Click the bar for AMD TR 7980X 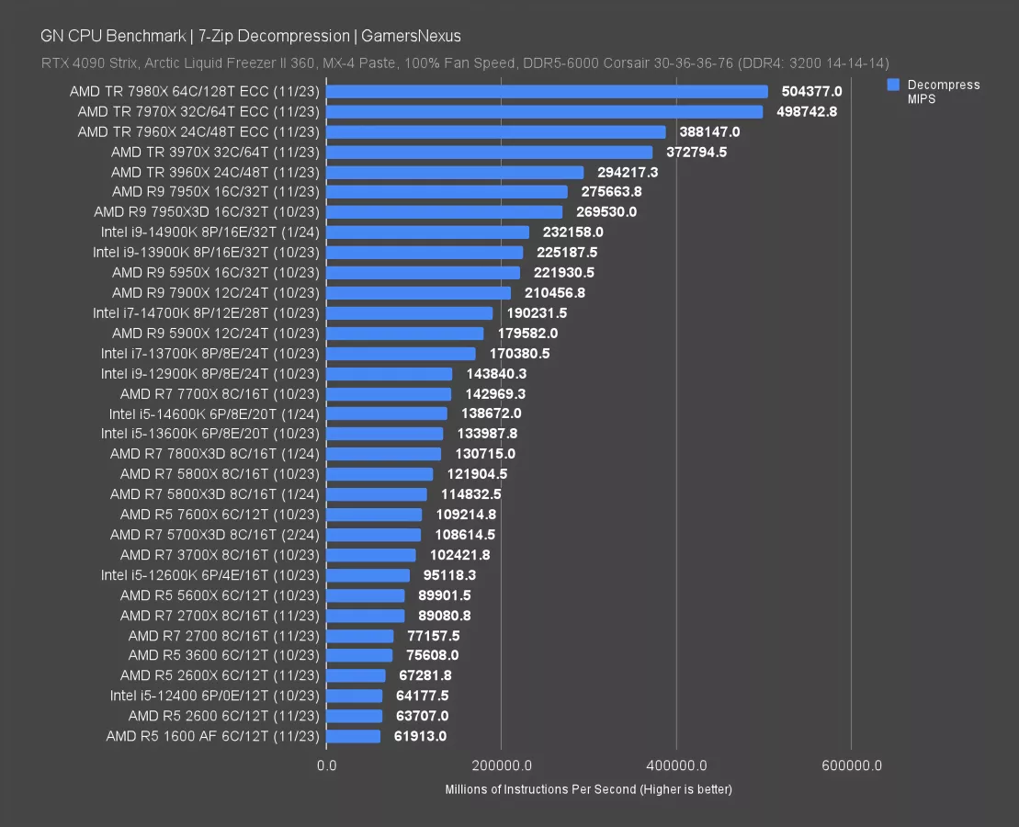coord(547,92)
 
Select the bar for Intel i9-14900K coord(427,232)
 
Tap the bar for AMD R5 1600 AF coord(353,736)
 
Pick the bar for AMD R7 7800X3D coord(383,454)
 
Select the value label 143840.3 coord(493,374)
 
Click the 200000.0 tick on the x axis coord(501,765)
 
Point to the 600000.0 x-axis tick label coord(851,765)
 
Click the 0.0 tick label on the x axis coord(326,765)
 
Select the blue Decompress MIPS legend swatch coord(892,85)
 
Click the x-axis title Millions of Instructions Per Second coord(588,789)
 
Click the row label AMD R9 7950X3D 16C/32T coord(206,212)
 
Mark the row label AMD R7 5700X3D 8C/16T coord(214,535)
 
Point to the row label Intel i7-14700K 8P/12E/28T coord(206,313)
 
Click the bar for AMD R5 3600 coord(359,655)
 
